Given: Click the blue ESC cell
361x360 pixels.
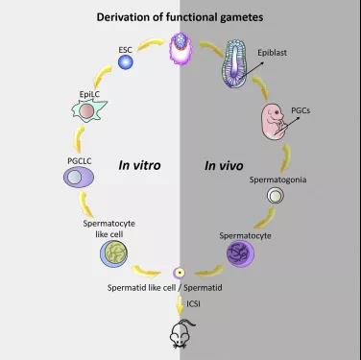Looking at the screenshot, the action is pos(125,61).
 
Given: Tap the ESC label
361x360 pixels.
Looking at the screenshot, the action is pos(125,50).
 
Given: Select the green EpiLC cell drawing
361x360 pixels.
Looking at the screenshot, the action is pos(88,110).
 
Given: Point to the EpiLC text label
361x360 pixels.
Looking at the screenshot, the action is pos(89,94).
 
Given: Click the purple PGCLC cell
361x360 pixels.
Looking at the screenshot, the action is pos(79,177).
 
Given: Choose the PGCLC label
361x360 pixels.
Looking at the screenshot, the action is pos(80,160).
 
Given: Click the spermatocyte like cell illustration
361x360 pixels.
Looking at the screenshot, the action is pos(113,253).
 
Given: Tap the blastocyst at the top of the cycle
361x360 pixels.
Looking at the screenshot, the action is pos(180,48).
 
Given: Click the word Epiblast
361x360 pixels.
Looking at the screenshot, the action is pos(273,53).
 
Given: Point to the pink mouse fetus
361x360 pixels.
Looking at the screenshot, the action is pos(274,121).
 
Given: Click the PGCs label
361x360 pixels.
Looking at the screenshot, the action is pos(301,110).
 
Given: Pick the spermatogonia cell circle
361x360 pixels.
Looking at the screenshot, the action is pos(276,195).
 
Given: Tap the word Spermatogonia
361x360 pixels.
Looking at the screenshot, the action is pos(277,180).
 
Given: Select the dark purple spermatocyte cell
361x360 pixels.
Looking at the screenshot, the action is pos(240,253).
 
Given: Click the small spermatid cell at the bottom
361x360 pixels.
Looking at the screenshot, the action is pos(180,273).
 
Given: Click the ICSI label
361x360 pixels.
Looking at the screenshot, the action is pos(193,303).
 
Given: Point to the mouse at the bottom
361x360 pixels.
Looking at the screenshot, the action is pos(181,333).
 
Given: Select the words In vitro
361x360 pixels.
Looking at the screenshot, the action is pos(139,165).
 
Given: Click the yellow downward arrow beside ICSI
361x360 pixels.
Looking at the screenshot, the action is pos(180,304).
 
